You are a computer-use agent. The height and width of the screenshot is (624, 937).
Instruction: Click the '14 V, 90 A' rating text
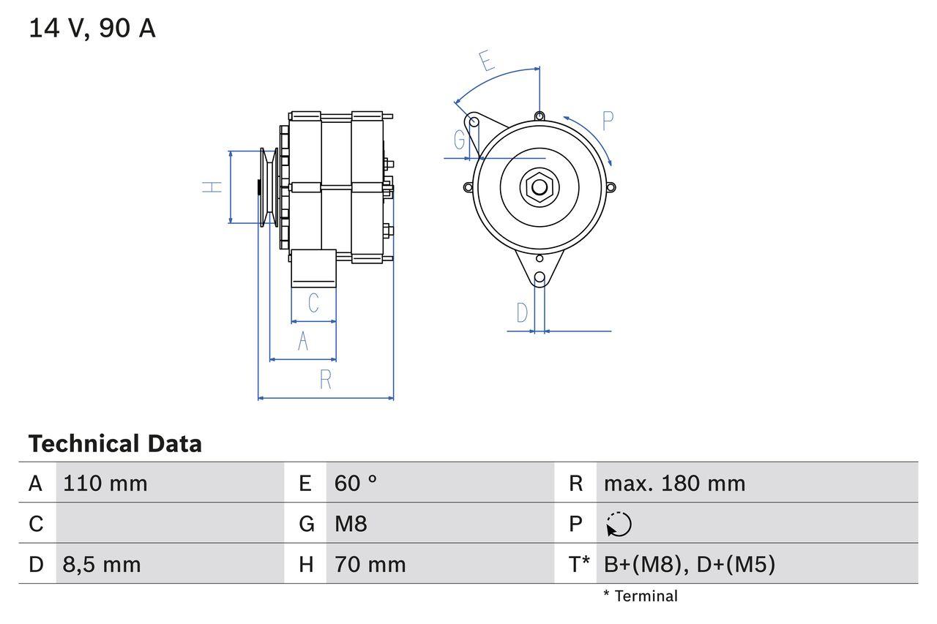92,29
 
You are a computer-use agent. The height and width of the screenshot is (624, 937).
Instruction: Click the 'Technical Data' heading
115,444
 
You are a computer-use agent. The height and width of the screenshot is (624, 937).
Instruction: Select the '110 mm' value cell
105,484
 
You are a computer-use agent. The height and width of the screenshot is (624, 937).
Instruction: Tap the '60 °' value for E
356,484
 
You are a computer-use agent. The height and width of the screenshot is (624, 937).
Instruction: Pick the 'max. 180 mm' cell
674,484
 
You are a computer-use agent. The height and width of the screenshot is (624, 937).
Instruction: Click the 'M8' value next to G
351,524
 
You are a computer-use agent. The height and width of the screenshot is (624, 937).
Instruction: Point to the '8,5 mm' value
102,565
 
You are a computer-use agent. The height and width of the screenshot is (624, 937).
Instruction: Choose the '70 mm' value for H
370,565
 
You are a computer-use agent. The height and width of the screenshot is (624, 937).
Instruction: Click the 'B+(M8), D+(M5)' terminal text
689,565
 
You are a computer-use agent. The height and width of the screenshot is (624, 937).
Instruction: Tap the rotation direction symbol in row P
619,525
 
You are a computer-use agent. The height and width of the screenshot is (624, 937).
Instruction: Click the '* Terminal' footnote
641,596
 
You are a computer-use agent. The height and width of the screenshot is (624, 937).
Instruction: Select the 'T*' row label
578,565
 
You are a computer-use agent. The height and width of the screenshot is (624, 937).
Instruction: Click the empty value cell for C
168,524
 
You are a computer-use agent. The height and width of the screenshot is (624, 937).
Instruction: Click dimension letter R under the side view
326,380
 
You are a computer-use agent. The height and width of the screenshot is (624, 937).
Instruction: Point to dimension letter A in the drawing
303,341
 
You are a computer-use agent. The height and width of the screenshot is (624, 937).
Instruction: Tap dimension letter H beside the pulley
212,187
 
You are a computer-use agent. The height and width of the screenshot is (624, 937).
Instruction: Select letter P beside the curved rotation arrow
608,121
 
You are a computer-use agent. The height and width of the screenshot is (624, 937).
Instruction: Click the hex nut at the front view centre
540,187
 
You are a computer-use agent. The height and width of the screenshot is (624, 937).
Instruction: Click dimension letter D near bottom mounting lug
522,313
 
